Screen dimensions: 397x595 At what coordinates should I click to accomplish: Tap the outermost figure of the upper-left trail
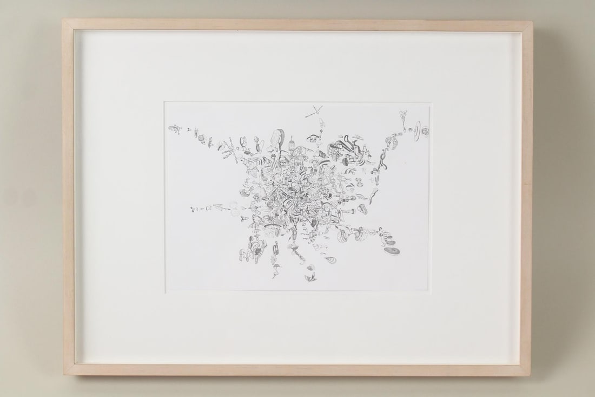pyautogui.click(x=173, y=128)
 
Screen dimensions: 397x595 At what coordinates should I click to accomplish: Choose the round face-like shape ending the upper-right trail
pyautogui.click(x=425, y=131)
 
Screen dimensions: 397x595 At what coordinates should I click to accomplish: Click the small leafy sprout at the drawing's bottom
pyautogui.click(x=310, y=279)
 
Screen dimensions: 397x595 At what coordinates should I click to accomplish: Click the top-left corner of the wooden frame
pyautogui.click(x=63, y=21)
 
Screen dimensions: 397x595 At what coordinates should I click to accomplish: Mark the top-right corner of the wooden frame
pyautogui.click(x=532, y=22)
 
